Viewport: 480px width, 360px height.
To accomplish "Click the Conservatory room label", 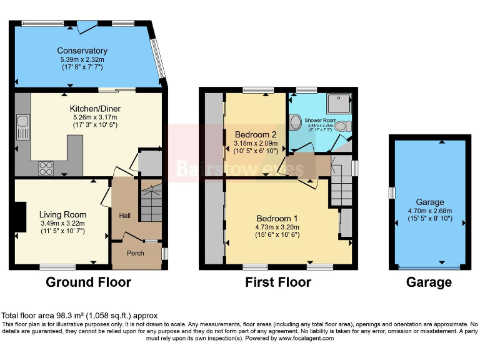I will click(x=82, y=51).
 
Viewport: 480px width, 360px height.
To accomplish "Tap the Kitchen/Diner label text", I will click(x=95, y=109).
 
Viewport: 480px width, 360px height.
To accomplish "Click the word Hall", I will click(x=125, y=216).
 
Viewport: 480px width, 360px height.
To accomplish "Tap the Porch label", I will click(x=135, y=253).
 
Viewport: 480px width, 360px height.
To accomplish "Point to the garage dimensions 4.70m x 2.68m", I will click(x=430, y=211).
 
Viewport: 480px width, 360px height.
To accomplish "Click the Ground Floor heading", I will click(x=88, y=282).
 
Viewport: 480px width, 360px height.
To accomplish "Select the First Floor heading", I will click(x=279, y=282).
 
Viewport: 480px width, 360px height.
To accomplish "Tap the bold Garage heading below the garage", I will click(x=429, y=282).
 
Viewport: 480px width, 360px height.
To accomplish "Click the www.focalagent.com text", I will click(x=306, y=338).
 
